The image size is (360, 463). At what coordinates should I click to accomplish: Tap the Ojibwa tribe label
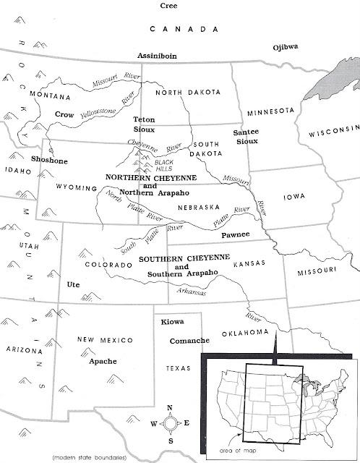point(286,47)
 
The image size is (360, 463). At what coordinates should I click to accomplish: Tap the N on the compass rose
point(170,409)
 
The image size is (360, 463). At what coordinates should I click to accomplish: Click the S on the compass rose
point(170,441)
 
